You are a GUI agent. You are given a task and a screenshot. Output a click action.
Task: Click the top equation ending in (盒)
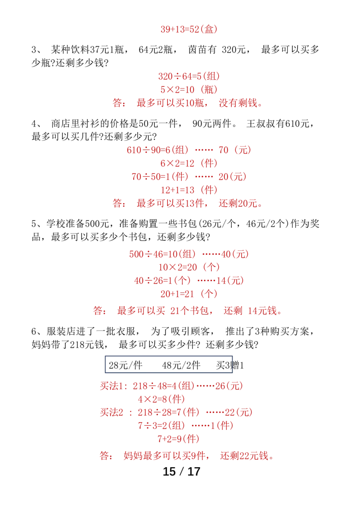189,30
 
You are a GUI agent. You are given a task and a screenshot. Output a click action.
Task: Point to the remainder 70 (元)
234,150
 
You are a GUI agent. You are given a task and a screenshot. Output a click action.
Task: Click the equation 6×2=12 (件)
189,163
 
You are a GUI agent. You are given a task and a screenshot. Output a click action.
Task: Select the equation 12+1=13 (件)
189,190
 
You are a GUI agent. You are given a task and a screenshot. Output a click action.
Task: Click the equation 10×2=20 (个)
189,267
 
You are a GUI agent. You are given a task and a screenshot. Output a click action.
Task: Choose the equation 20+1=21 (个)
189,294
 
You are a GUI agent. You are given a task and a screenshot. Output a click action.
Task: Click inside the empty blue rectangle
169,364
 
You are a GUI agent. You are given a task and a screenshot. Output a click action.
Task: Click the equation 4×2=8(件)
161,399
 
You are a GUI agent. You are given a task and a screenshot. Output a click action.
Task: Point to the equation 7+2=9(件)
178,438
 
